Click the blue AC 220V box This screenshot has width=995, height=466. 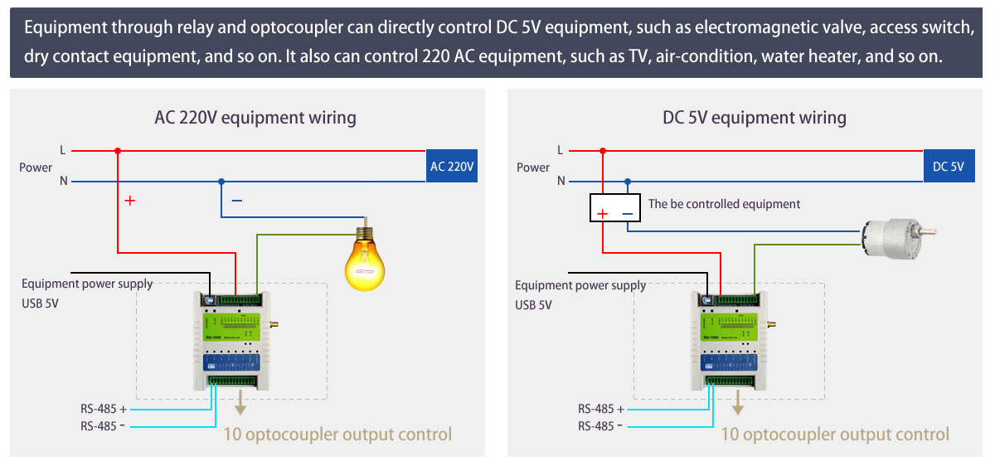pyautogui.click(x=452, y=167)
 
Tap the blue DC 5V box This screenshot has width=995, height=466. pyautogui.click(x=948, y=167)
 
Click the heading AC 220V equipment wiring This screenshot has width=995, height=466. pyautogui.click(x=255, y=117)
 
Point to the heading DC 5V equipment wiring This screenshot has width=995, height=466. pyautogui.click(x=754, y=117)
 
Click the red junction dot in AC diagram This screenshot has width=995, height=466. pyautogui.click(x=118, y=151)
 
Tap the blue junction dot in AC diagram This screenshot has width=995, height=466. pyautogui.click(x=221, y=181)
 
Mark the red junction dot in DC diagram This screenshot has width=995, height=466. pyautogui.click(x=603, y=151)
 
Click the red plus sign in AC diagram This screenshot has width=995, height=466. pyautogui.click(x=129, y=201)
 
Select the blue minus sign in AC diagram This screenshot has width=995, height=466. pyautogui.click(x=237, y=201)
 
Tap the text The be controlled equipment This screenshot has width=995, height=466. pyautogui.click(x=724, y=204)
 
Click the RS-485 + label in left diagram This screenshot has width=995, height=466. pyautogui.click(x=104, y=409)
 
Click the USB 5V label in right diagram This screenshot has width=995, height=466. pyautogui.click(x=533, y=304)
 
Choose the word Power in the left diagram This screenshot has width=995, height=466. pyautogui.click(x=36, y=167)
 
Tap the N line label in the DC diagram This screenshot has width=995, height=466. pyautogui.click(x=561, y=181)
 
